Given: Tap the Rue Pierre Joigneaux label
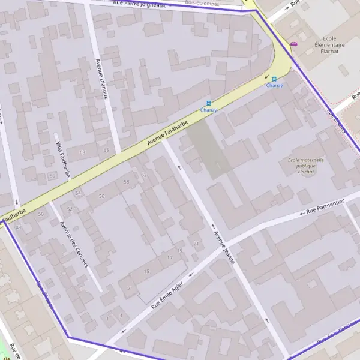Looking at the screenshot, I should [148, 4].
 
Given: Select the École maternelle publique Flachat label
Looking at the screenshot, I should [305, 166].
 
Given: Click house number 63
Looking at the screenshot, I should [82, 152].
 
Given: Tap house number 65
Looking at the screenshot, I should [106, 150].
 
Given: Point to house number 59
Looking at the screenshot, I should [52, 176].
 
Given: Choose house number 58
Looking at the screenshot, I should [126, 181].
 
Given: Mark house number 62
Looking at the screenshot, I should [143, 175].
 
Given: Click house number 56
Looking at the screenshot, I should [101, 196].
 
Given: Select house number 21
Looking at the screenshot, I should [196, 243].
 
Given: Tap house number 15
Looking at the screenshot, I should [146, 272].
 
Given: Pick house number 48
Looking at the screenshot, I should [18, 227].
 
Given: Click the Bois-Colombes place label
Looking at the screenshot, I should [203, 3].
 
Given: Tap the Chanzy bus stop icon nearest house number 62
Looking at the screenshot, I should [209, 103].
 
